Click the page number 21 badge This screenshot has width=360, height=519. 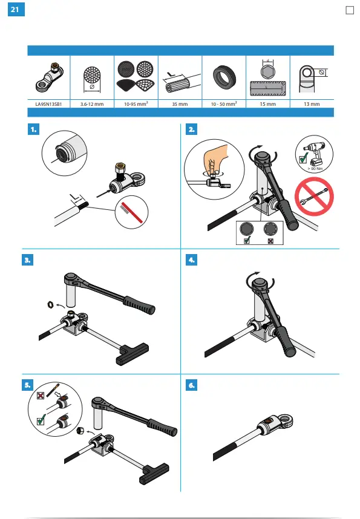(16, 9)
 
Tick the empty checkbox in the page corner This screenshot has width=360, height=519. (349, 10)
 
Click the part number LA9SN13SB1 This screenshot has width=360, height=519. (48, 104)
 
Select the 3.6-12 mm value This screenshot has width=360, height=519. (92, 104)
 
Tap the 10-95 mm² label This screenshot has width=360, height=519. (136, 103)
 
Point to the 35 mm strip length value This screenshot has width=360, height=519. (180, 104)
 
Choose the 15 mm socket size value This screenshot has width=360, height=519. (267, 104)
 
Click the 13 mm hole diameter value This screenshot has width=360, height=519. (312, 104)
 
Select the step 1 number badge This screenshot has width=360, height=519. (33, 129)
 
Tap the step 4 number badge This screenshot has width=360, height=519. (191, 260)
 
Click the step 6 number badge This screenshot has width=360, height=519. (191, 385)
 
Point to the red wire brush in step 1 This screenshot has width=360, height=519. (131, 212)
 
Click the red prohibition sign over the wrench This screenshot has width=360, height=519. (314, 197)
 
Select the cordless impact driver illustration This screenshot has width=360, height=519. (313, 152)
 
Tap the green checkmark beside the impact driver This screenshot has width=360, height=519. (303, 158)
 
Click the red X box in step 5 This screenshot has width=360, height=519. (41, 396)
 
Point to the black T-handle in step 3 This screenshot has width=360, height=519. (133, 354)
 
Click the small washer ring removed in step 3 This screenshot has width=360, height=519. (51, 304)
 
